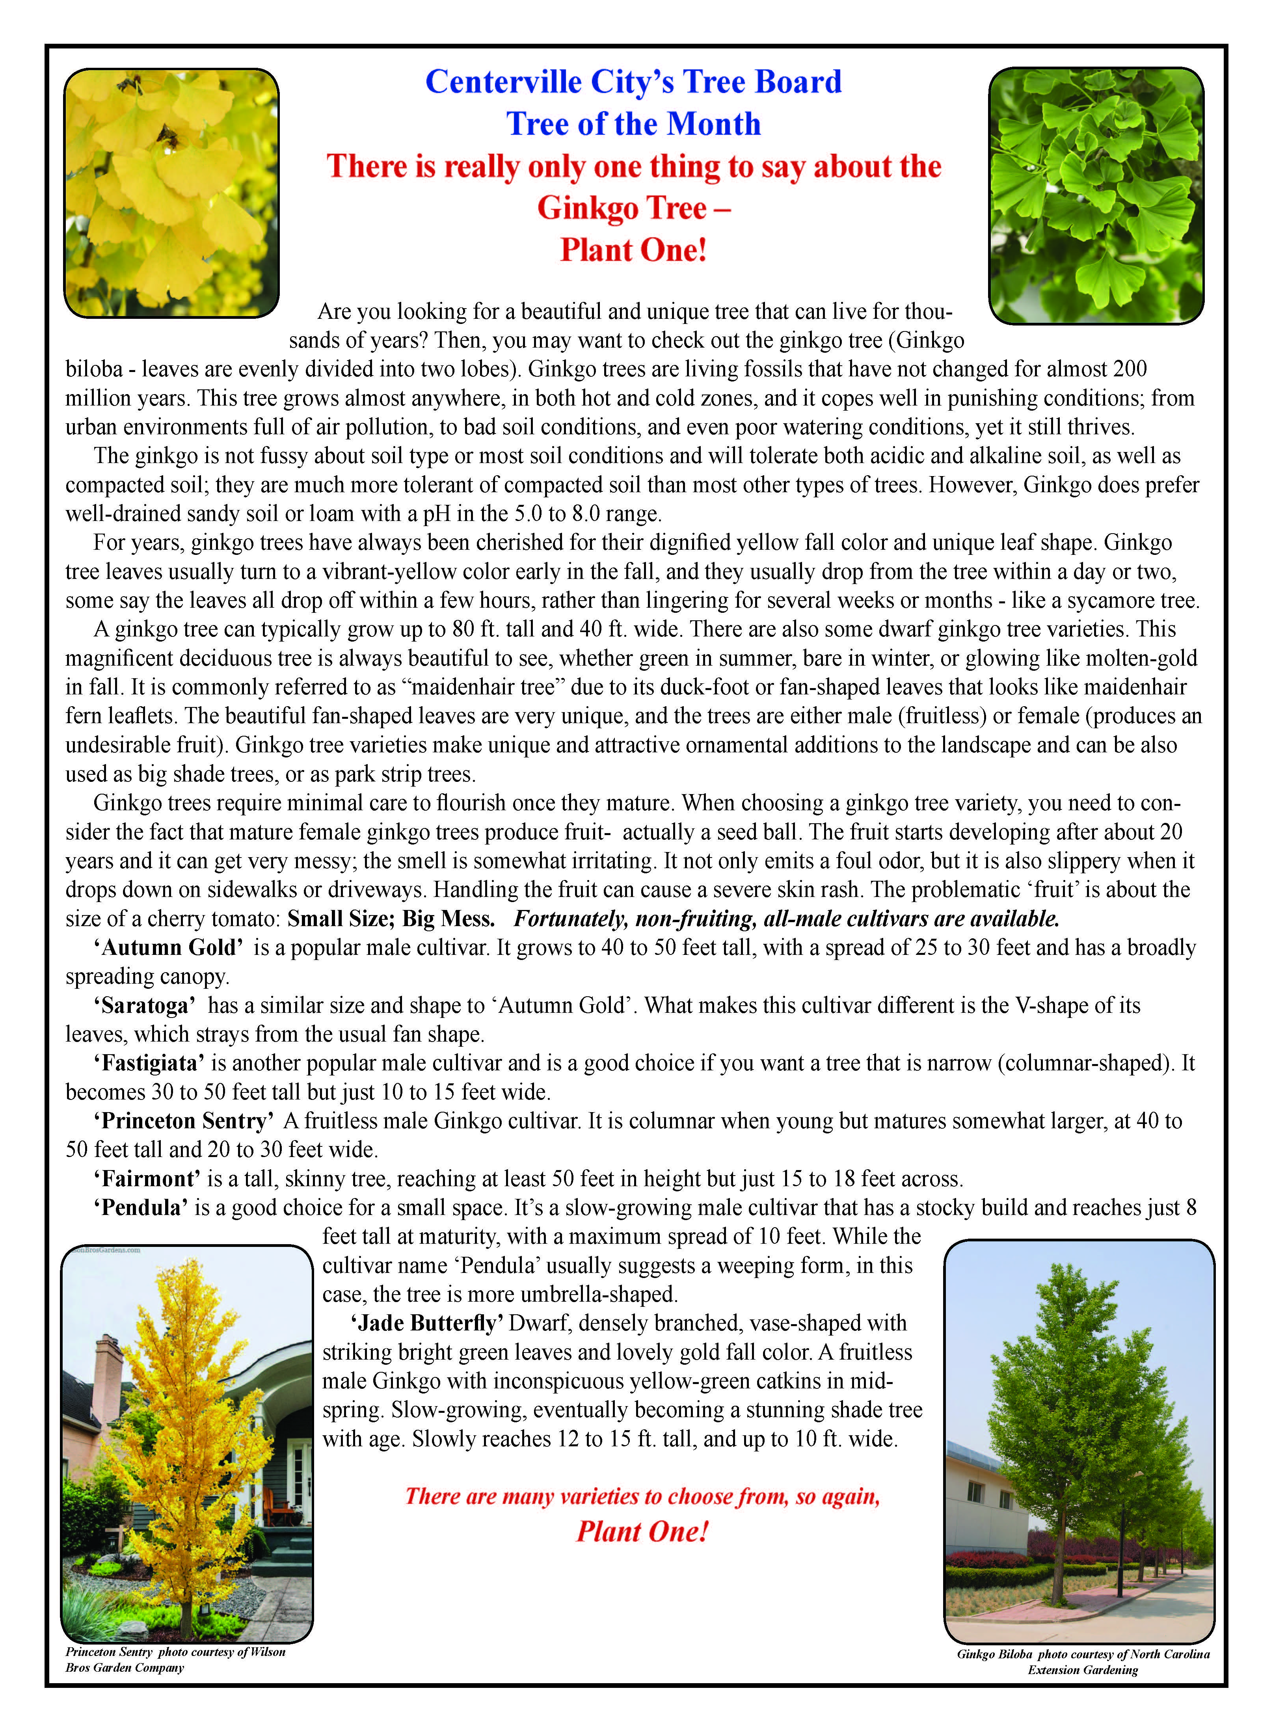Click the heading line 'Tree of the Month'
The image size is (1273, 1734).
click(x=633, y=124)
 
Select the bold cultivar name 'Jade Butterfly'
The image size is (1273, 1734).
click(x=427, y=1323)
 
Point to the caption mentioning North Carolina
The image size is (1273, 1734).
click(x=1083, y=1654)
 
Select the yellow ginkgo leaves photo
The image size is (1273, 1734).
click(x=171, y=193)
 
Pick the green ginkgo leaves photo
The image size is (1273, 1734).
click(x=1096, y=195)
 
